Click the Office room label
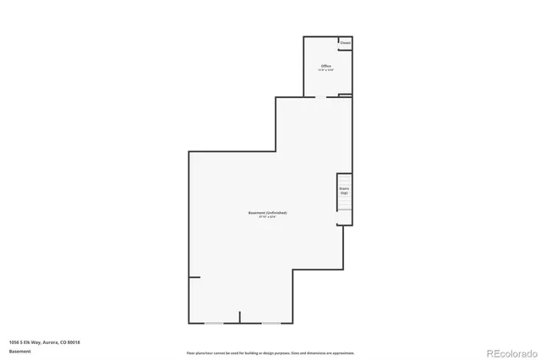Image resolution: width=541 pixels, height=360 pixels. pos(325,65)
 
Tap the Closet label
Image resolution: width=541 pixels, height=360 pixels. pos(345,41)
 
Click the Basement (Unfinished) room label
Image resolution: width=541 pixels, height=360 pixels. pos(267,212)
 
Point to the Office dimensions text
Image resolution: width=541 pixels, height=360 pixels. pos(325,70)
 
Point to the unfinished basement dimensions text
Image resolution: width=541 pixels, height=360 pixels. pos(267,217)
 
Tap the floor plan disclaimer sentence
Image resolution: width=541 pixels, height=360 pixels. pos(270,352)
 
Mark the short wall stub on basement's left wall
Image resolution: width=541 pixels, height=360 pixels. pos(194,276)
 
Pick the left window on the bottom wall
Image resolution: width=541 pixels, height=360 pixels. pos(215,323)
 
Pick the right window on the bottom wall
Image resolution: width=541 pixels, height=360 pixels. pos(270,323)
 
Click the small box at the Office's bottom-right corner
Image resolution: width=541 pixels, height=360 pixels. pos(345,95)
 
